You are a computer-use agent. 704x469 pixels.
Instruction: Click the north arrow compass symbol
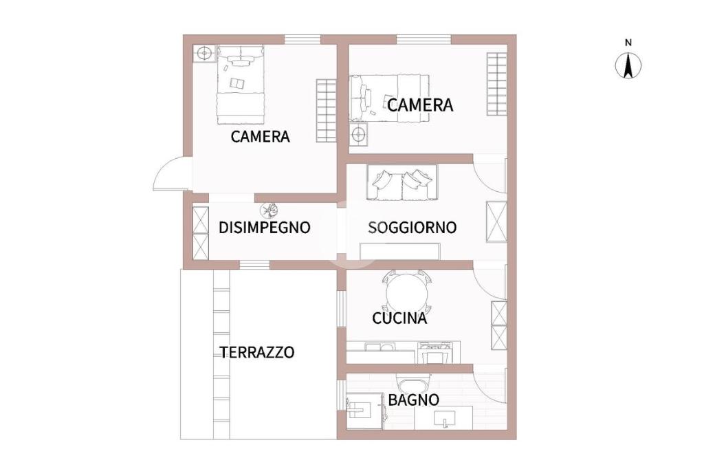[628, 65]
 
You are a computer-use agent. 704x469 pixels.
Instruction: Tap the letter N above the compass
[628, 43]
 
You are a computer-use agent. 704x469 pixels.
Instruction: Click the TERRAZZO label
[257, 352]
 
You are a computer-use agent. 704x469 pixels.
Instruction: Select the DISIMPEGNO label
[264, 228]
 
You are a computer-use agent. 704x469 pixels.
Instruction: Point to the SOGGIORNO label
[412, 228]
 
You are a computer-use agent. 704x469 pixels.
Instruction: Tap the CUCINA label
[399, 318]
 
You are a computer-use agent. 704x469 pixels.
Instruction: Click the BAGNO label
[413, 400]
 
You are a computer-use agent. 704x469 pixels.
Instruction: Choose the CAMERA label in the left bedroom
[260, 136]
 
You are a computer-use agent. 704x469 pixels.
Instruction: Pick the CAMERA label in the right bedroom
[420, 105]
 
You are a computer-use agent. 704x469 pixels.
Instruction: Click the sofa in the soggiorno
[401, 182]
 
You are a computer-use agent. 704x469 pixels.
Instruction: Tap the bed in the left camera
[240, 84]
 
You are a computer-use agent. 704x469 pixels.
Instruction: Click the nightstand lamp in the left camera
[204, 54]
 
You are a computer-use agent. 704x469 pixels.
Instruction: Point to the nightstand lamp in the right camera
[359, 134]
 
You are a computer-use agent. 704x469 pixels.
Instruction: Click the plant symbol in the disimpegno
[270, 209]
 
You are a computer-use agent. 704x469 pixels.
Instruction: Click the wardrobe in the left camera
[326, 111]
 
